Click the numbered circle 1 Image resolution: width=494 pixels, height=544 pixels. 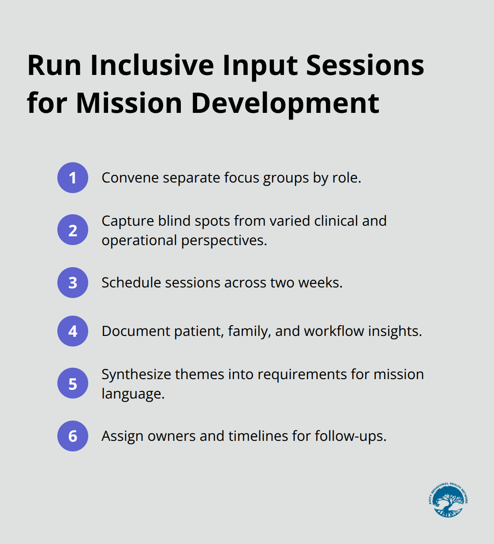73,178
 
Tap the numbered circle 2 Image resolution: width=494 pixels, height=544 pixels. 73,230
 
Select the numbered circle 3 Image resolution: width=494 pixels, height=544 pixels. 73,283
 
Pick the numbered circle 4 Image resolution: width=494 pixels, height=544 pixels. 73,331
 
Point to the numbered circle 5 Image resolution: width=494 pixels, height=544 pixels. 73,384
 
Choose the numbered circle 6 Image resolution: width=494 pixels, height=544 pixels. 73,436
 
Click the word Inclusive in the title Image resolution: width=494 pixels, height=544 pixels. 152,65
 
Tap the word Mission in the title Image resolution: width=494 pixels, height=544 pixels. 129,103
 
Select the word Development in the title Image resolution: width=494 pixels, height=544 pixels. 284,103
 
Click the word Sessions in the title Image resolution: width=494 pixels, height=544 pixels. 365,65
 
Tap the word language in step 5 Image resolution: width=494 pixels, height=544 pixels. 132,394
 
